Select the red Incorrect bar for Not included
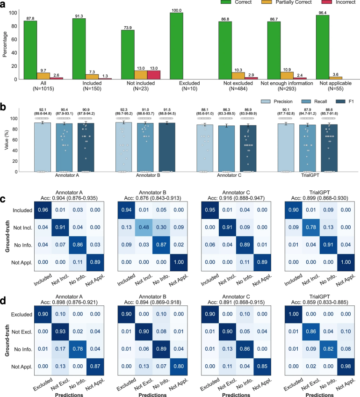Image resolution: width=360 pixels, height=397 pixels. [x=153, y=75]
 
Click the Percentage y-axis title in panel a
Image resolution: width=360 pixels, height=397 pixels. [x=6, y=43]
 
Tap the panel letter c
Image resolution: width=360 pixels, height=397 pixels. [x=4, y=186]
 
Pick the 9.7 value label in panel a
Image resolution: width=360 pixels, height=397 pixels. [x=43, y=70]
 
